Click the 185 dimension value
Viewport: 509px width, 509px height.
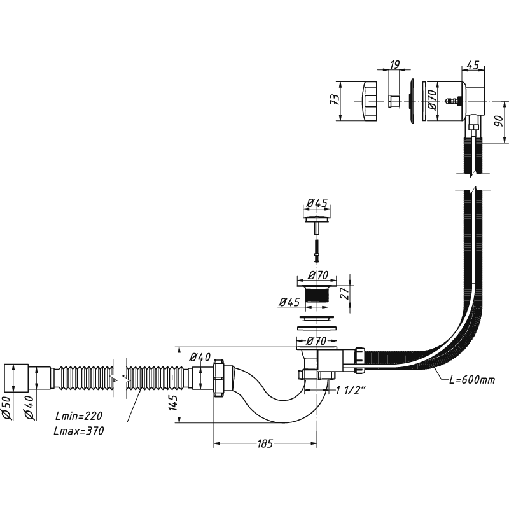tap(265, 443)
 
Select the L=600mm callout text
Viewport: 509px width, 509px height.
tap(471, 380)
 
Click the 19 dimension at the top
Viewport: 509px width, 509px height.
tap(394, 64)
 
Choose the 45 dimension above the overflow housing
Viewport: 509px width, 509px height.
tap(473, 64)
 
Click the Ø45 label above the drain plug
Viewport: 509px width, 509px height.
tap(316, 203)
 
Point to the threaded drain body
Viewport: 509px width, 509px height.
tap(317, 296)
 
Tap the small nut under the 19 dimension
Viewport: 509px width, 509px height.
tap(393, 101)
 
